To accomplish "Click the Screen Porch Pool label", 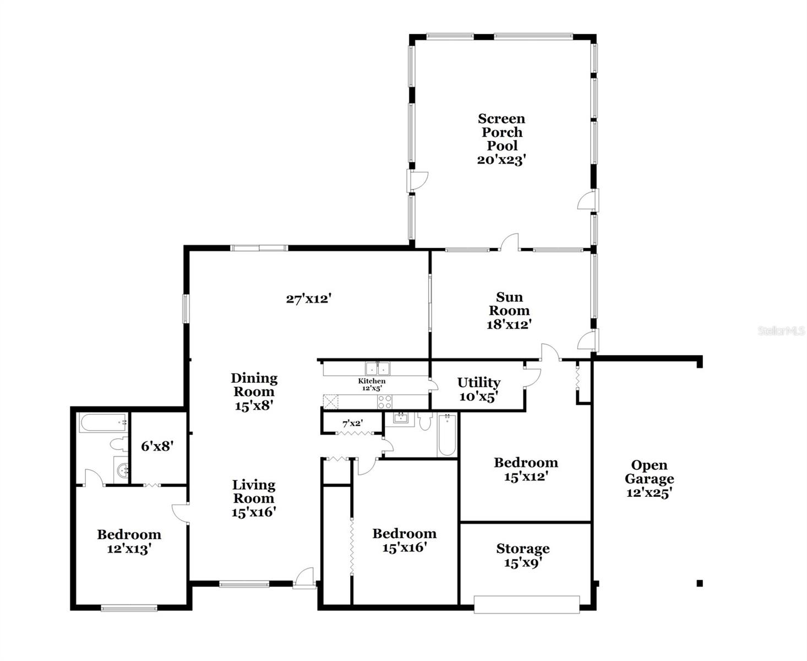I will coord(501,132).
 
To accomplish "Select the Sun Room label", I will coord(509,304).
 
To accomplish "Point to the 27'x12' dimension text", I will coord(308,299).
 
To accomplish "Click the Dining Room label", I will coord(254,384).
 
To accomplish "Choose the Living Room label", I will coord(253,491).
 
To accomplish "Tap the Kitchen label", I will coord(372,381).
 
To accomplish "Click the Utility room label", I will coord(478,382).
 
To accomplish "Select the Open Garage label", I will coord(650,472).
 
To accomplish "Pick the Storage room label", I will coord(522,549).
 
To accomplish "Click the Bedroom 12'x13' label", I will coord(129,534).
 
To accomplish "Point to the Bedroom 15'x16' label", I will coord(404,533).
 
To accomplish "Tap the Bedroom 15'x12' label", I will coord(526,463).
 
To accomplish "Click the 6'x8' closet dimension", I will coord(157,446).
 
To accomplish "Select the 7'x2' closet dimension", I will coord(353,424).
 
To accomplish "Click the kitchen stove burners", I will coord(385,402).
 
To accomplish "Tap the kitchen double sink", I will coord(378,368).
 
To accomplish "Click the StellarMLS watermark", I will coord(782,330).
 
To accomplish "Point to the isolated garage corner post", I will coord(700,583).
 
